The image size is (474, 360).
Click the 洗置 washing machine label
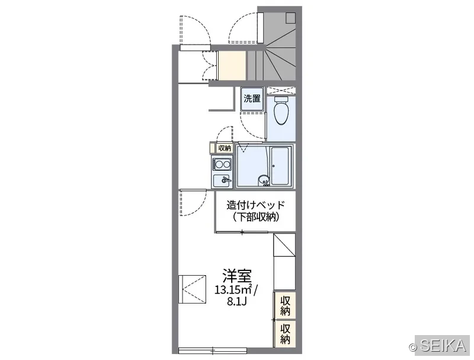[252, 98]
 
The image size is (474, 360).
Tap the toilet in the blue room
[281, 111]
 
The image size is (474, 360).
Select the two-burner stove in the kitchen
[222, 164]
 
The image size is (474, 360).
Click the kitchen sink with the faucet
[222, 181]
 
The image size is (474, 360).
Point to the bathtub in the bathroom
[280, 166]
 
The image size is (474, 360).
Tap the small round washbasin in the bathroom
[264, 181]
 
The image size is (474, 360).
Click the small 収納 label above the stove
[225, 148]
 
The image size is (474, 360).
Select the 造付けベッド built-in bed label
[256, 205]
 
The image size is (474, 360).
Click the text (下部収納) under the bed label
[256, 217]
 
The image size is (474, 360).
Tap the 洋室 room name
[238, 275]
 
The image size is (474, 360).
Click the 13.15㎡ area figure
[233, 289]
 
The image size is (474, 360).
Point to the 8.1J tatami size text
[238, 302]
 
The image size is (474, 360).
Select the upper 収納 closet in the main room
[285, 306]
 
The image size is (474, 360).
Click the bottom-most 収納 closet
[285, 334]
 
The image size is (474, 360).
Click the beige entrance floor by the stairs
[232, 66]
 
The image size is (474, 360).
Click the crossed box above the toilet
[281, 91]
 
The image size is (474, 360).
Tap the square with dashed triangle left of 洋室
[192, 289]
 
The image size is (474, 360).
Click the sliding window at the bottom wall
[213, 351]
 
